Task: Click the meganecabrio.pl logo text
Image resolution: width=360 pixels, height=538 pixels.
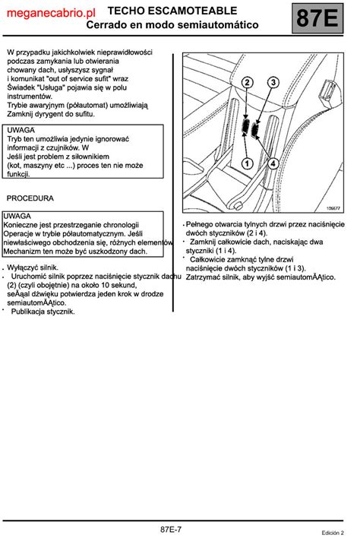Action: click(51, 14)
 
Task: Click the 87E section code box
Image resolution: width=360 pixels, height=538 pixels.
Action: click(317, 18)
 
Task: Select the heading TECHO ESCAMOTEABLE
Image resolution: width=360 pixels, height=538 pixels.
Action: click(172, 11)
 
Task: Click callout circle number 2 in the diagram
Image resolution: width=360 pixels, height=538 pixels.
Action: click(247, 82)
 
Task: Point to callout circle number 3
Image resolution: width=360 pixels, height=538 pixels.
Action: click(273, 82)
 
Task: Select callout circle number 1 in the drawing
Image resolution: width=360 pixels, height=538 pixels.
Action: click(247, 163)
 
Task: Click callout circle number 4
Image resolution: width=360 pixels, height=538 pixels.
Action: click(273, 163)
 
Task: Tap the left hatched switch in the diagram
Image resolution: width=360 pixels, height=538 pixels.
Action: click(245, 126)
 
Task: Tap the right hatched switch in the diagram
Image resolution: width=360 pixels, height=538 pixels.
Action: click(255, 129)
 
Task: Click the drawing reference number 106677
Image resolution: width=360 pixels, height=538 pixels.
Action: click(333, 208)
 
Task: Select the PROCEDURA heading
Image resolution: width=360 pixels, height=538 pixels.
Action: click(30, 198)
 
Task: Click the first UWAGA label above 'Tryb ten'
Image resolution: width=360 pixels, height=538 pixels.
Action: click(21, 130)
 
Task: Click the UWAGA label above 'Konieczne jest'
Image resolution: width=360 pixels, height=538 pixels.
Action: click(17, 216)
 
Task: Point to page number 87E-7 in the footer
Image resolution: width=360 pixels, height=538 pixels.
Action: click(171, 530)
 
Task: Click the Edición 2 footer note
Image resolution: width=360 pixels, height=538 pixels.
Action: click(333, 533)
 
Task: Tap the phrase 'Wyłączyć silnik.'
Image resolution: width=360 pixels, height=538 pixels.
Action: click(33, 267)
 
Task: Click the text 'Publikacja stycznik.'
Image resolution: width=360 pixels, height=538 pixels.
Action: click(43, 312)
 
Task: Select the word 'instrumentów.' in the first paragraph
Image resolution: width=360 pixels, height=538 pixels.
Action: click(30, 97)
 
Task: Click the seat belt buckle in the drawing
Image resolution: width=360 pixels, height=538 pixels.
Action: click(327, 92)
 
